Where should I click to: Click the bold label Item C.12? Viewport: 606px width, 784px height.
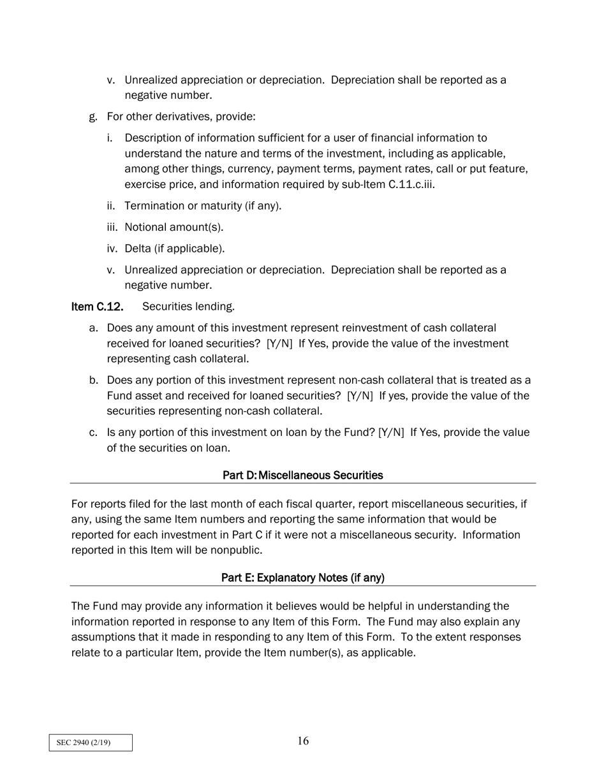pyautogui.click(x=97, y=307)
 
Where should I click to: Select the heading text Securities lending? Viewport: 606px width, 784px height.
pyautogui.click(x=188, y=307)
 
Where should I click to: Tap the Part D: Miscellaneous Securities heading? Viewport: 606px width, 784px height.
pyautogui.click(x=303, y=475)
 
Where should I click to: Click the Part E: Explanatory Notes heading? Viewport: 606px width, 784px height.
pyautogui.click(x=303, y=577)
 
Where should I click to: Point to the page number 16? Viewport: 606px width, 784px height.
pyautogui.click(x=303, y=741)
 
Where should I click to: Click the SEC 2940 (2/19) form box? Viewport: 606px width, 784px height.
pyautogui.click(x=91, y=743)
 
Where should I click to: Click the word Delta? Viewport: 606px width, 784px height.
pyautogui.click(x=138, y=249)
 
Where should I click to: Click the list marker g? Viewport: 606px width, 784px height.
pyautogui.click(x=93, y=117)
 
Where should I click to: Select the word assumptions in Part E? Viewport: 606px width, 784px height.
pyautogui.click(x=104, y=637)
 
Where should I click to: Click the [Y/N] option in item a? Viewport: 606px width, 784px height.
pyautogui.click(x=279, y=344)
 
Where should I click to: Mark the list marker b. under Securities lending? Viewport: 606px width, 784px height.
pyautogui.click(x=93, y=381)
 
